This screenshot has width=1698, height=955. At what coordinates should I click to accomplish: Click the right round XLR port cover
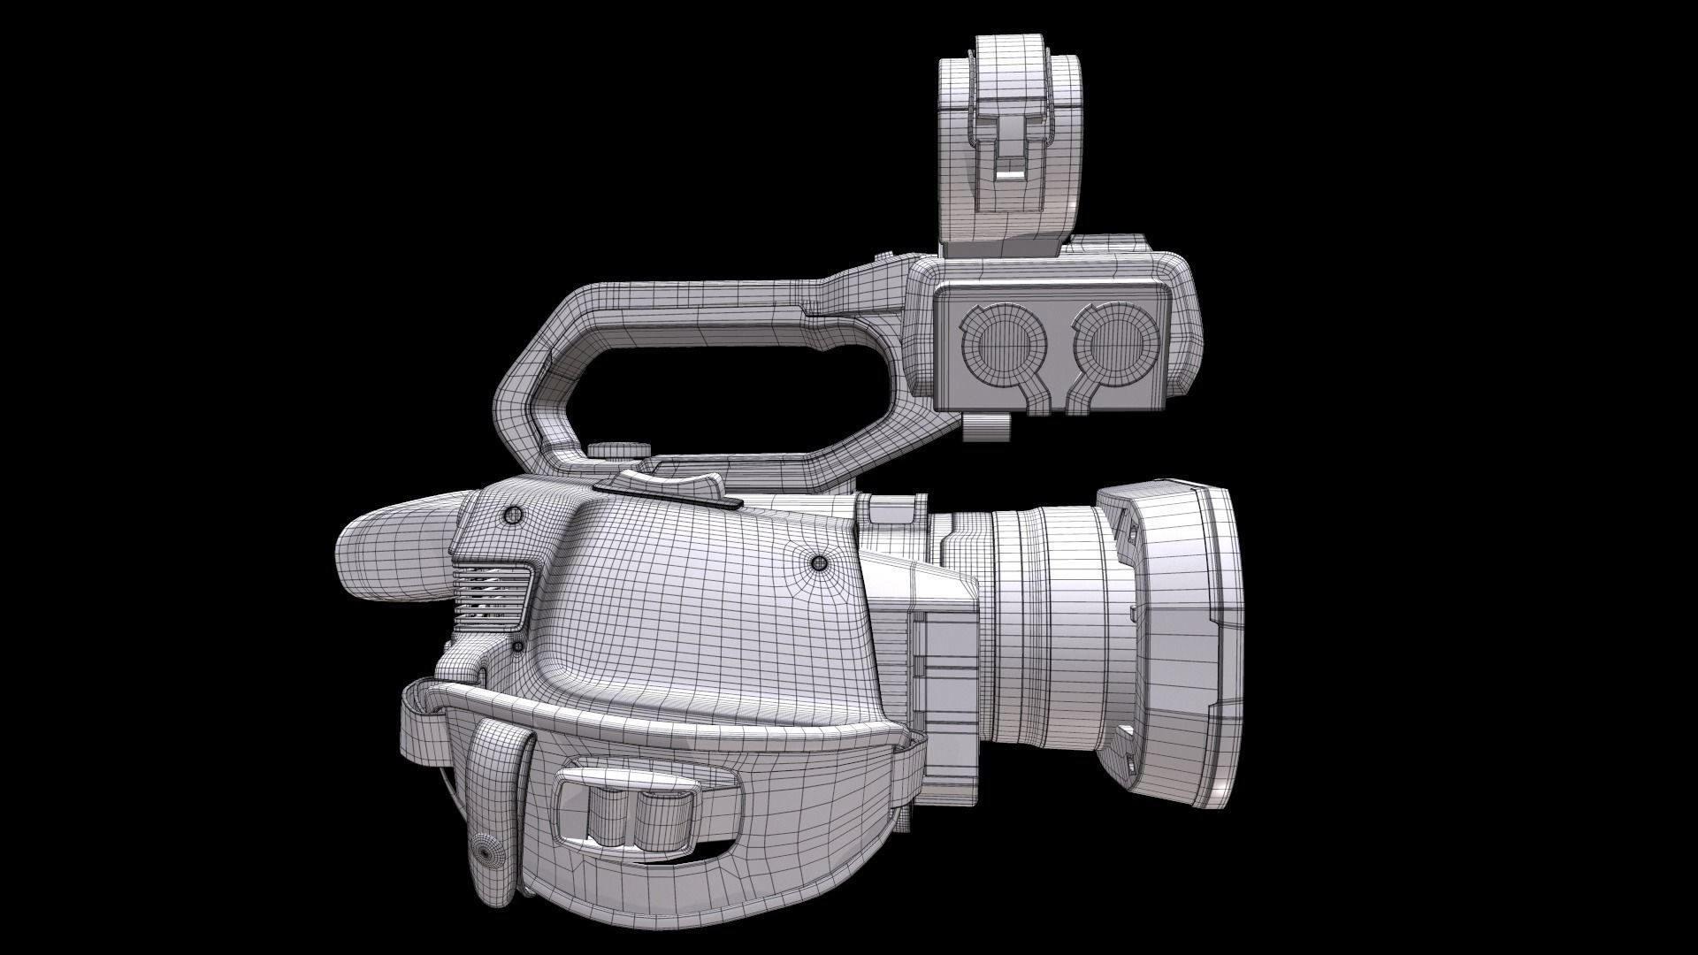(1116, 348)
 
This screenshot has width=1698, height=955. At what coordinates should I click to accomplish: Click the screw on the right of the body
(819, 562)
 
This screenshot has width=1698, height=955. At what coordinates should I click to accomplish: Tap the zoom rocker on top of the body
(662, 484)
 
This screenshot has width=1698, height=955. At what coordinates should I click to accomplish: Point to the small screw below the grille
(517, 648)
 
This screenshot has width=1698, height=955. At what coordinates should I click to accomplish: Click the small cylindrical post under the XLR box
(986, 427)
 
